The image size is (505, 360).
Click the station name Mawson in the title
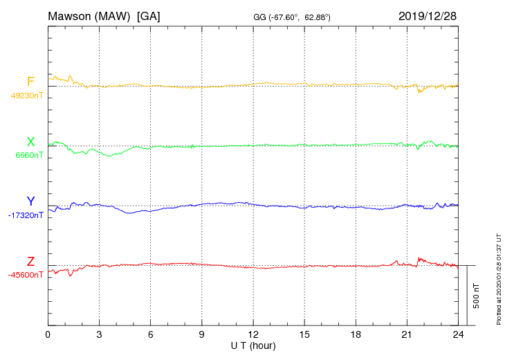(x=71, y=15)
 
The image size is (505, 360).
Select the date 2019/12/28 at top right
(x=428, y=15)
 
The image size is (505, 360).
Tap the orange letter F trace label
(x=30, y=82)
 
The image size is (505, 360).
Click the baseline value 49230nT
(x=27, y=96)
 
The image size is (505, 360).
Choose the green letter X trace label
(x=30, y=142)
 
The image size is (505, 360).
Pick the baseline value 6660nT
(x=29, y=155)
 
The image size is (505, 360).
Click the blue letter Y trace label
(x=30, y=201)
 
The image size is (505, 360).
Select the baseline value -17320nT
(x=26, y=215)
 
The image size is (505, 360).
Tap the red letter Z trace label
(x=30, y=262)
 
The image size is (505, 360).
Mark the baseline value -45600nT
(x=26, y=275)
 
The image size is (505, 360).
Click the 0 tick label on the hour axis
(x=48, y=334)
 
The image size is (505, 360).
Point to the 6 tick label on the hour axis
(x=150, y=334)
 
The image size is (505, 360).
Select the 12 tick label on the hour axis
(x=253, y=334)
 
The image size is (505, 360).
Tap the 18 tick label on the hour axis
(x=356, y=334)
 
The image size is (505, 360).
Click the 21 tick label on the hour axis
(x=407, y=334)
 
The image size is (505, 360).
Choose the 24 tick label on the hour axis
(x=458, y=334)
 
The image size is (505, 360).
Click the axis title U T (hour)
(x=253, y=345)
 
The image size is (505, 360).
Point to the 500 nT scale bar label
(x=477, y=296)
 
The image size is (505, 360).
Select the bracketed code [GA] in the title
(x=149, y=15)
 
